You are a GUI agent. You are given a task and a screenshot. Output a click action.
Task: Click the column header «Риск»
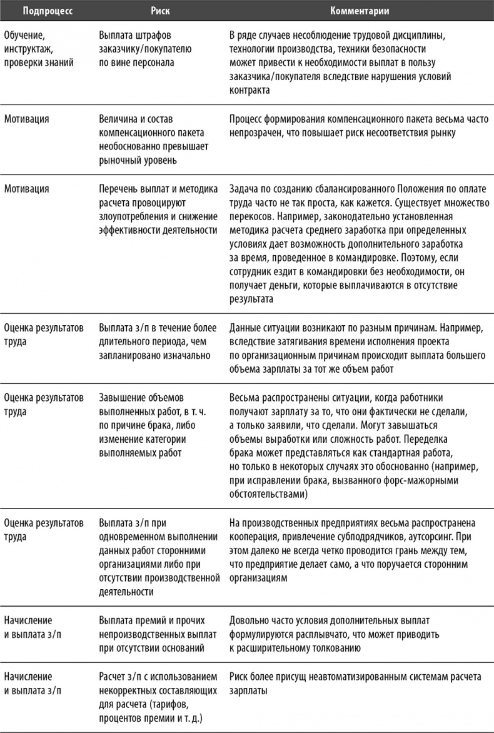pyautogui.click(x=161, y=11)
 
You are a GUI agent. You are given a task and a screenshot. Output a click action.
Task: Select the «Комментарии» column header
pyautogui.click(x=359, y=11)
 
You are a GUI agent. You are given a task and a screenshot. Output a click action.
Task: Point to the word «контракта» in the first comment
pyautogui.click(x=250, y=90)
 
